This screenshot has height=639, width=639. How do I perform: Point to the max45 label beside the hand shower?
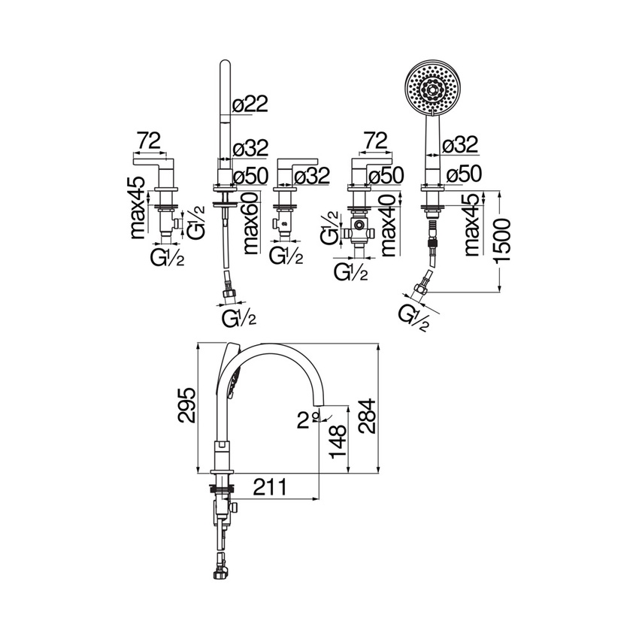click(x=472, y=226)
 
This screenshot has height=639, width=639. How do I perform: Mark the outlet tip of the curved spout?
click(x=321, y=407)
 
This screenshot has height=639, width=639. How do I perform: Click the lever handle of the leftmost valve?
click(x=151, y=161)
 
